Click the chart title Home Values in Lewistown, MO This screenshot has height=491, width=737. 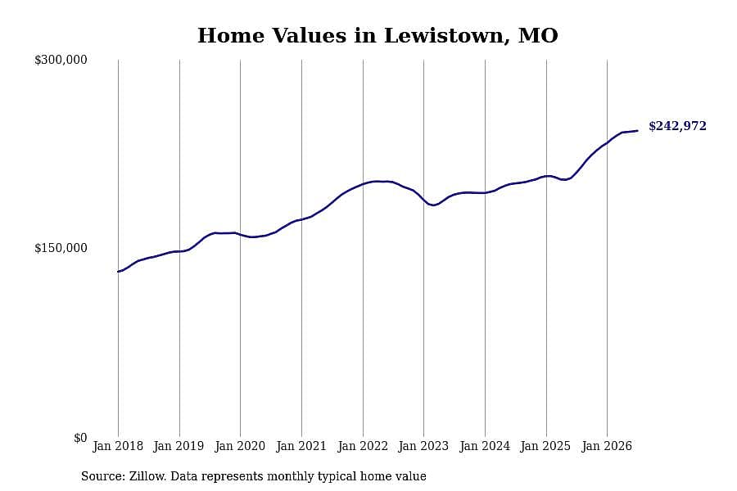(x=378, y=36)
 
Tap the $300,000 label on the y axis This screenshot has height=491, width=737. (x=61, y=60)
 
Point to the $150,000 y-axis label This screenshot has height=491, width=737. (x=61, y=248)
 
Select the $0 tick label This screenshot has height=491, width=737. (x=80, y=438)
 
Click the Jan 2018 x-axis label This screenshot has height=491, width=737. (x=118, y=446)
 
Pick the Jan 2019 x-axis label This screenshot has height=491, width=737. (x=179, y=446)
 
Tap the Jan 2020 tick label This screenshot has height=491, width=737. (x=240, y=446)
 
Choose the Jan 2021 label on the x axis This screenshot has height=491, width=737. (x=301, y=446)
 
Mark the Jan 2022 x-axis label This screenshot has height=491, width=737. (x=363, y=446)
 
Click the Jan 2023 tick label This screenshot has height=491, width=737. (x=423, y=446)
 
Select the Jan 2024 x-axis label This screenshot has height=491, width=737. (x=485, y=446)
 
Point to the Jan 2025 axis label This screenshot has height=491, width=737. (x=545, y=446)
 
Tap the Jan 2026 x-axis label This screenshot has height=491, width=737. (x=607, y=446)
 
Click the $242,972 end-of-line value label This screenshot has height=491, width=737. (x=677, y=126)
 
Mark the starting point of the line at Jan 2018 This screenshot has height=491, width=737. (x=118, y=272)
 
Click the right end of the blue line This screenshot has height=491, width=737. (x=637, y=131)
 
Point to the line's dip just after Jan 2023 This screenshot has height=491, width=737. (x=433, y=205)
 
